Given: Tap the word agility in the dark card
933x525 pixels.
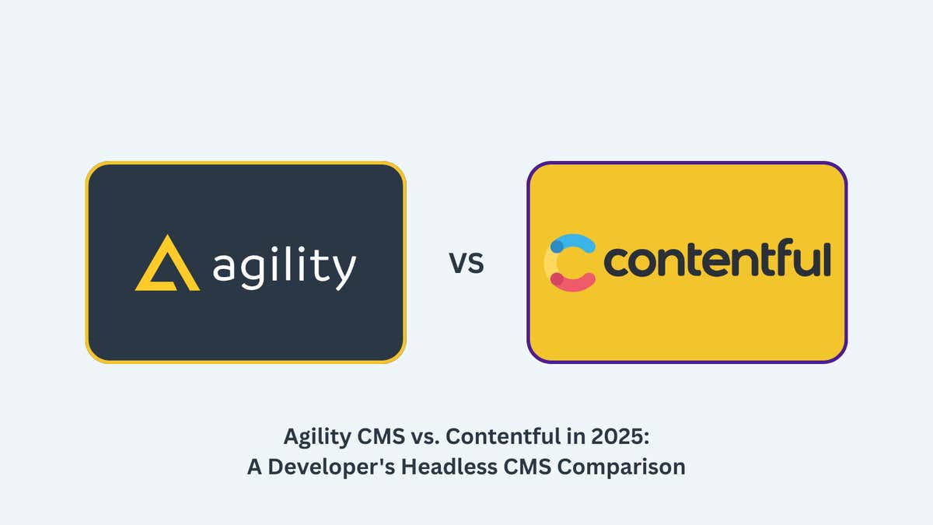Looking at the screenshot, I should pos(284,268).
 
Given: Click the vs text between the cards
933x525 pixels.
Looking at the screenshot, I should pos(466,263).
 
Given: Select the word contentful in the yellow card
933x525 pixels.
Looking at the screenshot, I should pos(717,261).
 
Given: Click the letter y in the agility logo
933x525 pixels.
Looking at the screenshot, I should pos(344,271).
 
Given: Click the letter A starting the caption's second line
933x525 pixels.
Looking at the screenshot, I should pos(254,467).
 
